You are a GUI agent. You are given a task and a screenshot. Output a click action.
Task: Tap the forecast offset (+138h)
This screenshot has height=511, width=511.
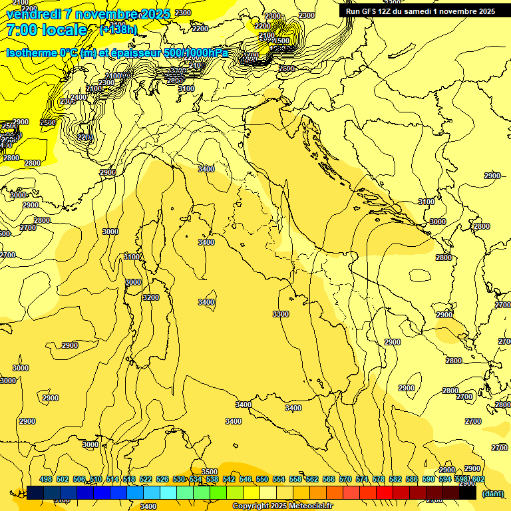(x=118, y=30)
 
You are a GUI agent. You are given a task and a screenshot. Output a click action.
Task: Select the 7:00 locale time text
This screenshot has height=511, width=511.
(x=46, y=30)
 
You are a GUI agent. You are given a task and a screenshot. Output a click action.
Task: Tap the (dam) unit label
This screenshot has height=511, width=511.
(x=492, y=493)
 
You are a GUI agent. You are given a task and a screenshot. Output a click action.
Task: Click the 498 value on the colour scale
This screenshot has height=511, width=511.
(x=46, y=479)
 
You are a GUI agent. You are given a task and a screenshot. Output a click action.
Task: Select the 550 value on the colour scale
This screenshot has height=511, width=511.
(x=262, y=479)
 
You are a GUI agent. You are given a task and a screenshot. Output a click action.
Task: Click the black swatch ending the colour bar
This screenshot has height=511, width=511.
(x=468, y=493)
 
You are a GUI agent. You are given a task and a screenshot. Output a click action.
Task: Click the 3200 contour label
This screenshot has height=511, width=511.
(x=151, y=297)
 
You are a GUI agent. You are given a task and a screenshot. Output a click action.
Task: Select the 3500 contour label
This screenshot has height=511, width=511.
(x=210, y=472)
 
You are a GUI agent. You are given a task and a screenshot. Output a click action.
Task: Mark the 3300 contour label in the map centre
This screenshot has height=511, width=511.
(x=281, y=314)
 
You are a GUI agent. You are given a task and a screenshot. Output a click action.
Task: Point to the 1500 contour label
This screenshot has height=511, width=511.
(x=282, y=41)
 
